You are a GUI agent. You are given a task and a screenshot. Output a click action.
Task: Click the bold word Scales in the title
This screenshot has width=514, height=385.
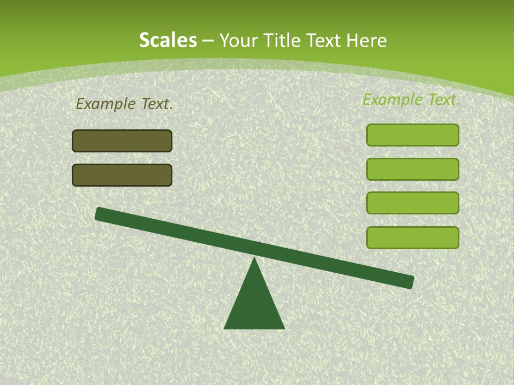[x=168, y=40]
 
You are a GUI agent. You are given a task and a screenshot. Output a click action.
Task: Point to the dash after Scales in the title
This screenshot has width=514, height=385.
[x=208, y=41]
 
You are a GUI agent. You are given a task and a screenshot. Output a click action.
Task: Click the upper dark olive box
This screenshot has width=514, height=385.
[x=122, y=141]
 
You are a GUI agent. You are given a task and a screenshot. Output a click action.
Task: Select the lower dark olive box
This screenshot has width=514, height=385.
[x=122, y=175]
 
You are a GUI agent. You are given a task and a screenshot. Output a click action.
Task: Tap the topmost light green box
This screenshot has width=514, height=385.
[x=412, y=135]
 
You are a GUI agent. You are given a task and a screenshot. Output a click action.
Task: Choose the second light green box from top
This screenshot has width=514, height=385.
[x=412, y=169]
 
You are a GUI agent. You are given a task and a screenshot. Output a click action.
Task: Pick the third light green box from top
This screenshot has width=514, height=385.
[x=412, y=203]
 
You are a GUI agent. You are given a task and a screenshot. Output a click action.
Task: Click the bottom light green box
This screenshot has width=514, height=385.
[x=412, y=237]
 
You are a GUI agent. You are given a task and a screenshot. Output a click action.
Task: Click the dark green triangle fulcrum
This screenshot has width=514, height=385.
[x=254, y=305]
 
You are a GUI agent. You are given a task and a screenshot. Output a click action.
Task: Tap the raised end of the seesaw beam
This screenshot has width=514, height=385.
[x=102, y=214]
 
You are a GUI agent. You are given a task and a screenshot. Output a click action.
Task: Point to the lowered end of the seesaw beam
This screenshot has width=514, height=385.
[x=407, y=281]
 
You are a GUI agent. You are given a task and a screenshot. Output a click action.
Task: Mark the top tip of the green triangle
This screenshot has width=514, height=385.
[x=254, y=259]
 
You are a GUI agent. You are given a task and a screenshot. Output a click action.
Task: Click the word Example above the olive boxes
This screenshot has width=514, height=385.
[x=106, y=104]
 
